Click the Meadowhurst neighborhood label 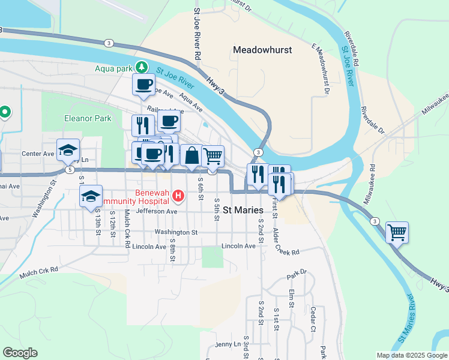point(262,50)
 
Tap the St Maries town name point(243,210)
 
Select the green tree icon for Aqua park point(142,67)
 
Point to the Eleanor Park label point(88,118)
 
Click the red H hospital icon point(178,195)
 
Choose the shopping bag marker point(191,155)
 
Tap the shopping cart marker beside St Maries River point(397,232)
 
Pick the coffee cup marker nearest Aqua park point(143,85)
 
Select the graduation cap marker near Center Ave point(68,150)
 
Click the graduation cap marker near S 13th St point(91,197)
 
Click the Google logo point(20,353)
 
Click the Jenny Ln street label point(228,344)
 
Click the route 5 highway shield point(71,170)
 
